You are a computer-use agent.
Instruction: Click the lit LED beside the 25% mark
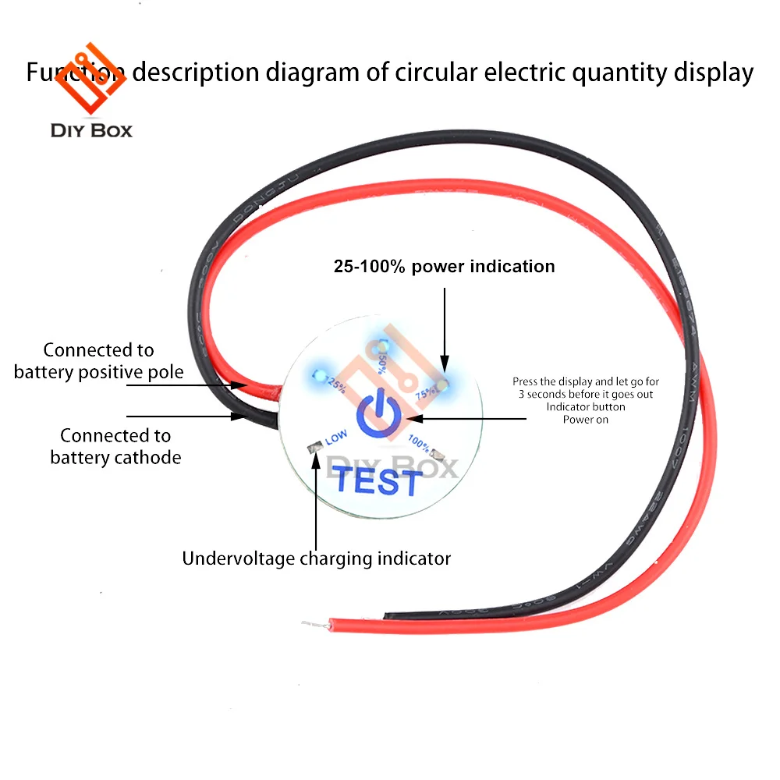[318, 375]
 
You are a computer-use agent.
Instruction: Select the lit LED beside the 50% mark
[381, 346]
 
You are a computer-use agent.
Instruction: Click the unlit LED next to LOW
[314, 448]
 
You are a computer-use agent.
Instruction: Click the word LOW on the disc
[336, 439]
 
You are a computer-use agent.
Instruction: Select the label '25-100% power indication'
[444, 266]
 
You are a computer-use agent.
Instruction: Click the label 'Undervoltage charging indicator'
[316, 558]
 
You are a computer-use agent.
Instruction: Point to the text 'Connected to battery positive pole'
[98, 361]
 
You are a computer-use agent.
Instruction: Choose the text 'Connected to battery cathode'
[115, 446]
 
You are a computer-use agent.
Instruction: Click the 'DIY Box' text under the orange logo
[91, 130]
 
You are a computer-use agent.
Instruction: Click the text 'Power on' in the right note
[585, 419]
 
